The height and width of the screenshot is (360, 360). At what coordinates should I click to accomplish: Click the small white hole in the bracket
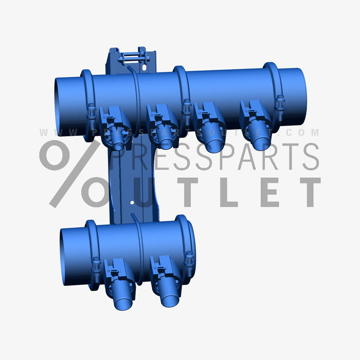click(x=133, y=203)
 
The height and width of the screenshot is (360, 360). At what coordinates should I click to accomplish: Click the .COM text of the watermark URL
click(x=303, y=133)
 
